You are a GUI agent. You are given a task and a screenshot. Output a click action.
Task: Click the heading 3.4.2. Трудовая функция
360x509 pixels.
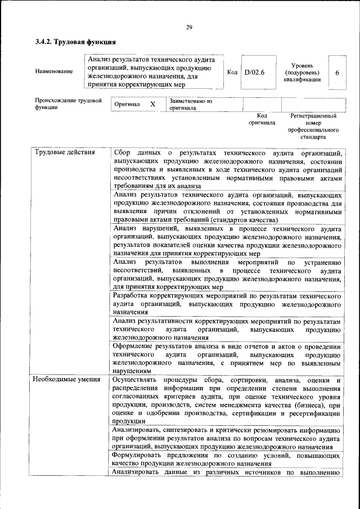click(x=75, y=42)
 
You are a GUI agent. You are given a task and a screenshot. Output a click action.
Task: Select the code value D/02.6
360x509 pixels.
click(x=254, y=72)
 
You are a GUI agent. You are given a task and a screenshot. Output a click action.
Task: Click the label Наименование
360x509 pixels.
click(x=53, y=71)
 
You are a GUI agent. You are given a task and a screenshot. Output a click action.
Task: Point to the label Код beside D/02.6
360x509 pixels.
click(x=232, y=72)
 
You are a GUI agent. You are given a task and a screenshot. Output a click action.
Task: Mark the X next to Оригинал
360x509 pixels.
click(x=152, y=105)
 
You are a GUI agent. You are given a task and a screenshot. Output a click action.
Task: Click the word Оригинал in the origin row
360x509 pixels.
click(x=127, y=105)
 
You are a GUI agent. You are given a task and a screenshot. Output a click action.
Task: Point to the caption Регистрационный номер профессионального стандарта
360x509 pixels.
click(x=313, y=126)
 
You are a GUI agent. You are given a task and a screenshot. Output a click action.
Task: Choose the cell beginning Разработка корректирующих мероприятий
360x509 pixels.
click(x=227, y=303)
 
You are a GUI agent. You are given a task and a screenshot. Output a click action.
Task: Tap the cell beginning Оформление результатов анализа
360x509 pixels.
click(x=227, y=358)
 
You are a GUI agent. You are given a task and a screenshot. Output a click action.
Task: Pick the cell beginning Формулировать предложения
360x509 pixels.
click(x=227, y=460)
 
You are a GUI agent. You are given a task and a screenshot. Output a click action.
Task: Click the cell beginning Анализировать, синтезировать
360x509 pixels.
click(x=227, y=438)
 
